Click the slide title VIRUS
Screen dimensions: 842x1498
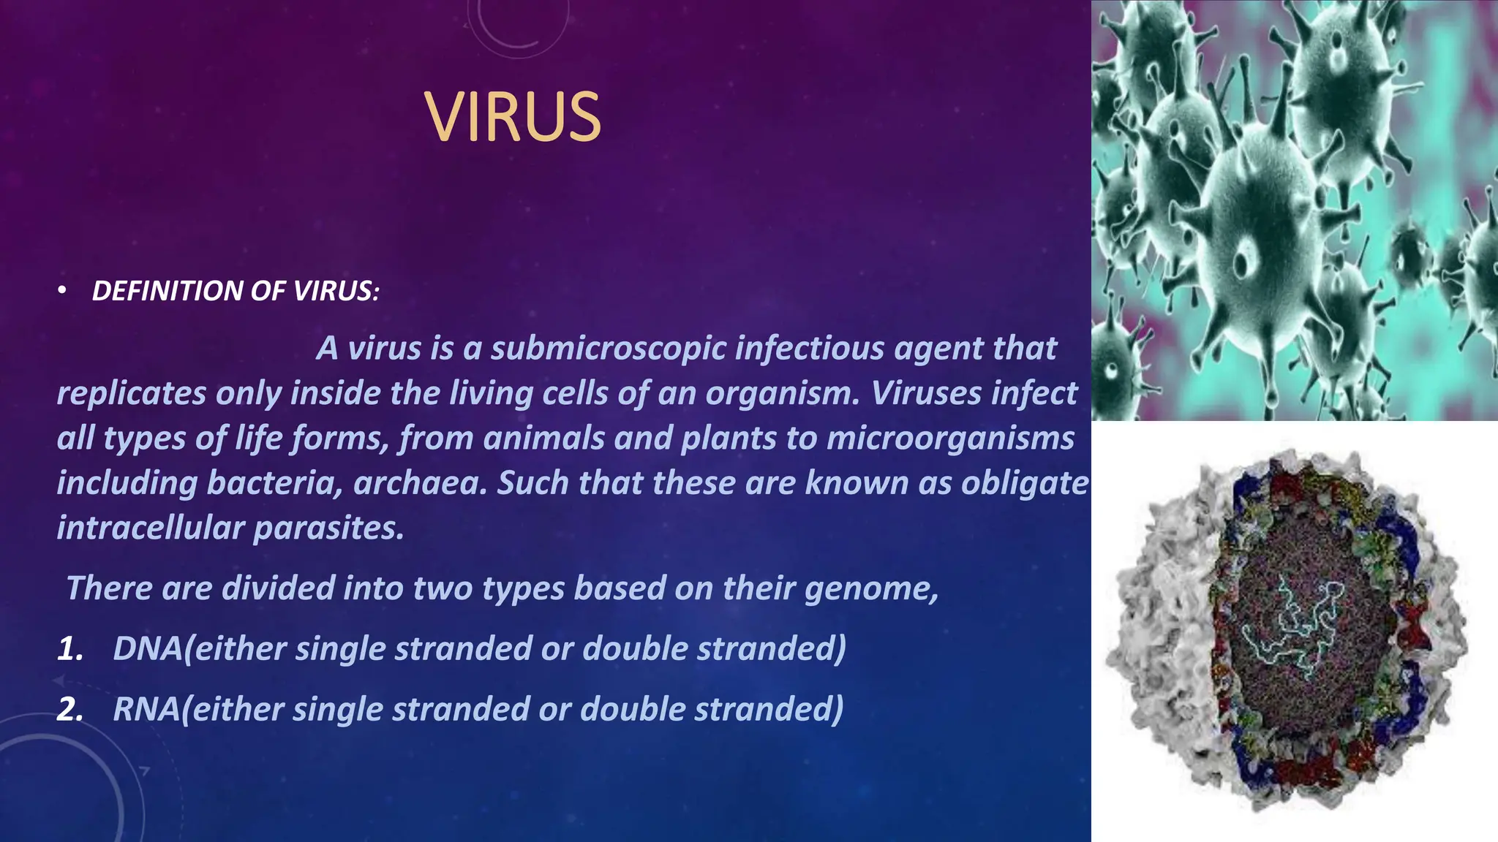513,117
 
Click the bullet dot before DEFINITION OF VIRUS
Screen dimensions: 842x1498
63,291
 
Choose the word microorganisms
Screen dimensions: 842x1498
950,439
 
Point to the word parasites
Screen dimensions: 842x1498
328,528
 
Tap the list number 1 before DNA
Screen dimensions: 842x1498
70,649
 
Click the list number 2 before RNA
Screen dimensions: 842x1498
70,709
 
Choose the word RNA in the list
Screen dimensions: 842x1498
147,709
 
